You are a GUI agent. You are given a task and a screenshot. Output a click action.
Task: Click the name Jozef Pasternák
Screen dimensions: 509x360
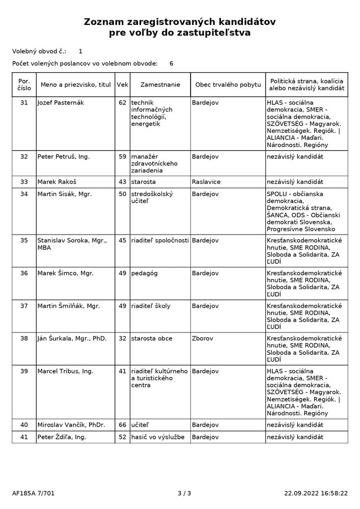point(61,103)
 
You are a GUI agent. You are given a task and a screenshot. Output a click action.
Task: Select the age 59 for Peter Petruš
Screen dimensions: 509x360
point(122,157)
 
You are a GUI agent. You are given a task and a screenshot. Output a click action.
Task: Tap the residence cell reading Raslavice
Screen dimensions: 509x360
point(206,182)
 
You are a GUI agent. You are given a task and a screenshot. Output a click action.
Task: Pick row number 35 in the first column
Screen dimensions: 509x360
point(24,240)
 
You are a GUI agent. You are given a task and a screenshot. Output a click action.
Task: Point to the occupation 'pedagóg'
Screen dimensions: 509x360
point(145,273)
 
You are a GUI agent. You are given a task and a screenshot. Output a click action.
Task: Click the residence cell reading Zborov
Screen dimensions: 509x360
point(202,338)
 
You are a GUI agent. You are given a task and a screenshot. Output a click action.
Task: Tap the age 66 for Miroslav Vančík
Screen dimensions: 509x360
point(122,425)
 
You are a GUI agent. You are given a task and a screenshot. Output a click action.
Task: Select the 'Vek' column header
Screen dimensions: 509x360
point(122,84)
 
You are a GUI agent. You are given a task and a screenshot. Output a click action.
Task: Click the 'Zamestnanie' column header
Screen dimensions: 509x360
point(160,84)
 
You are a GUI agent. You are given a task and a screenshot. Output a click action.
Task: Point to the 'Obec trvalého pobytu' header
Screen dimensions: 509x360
point(228,84)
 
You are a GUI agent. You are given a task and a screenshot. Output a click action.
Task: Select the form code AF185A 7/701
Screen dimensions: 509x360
point(33,493)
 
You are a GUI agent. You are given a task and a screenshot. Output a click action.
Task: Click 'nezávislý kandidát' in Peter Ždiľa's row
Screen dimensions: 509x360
point(295,437)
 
